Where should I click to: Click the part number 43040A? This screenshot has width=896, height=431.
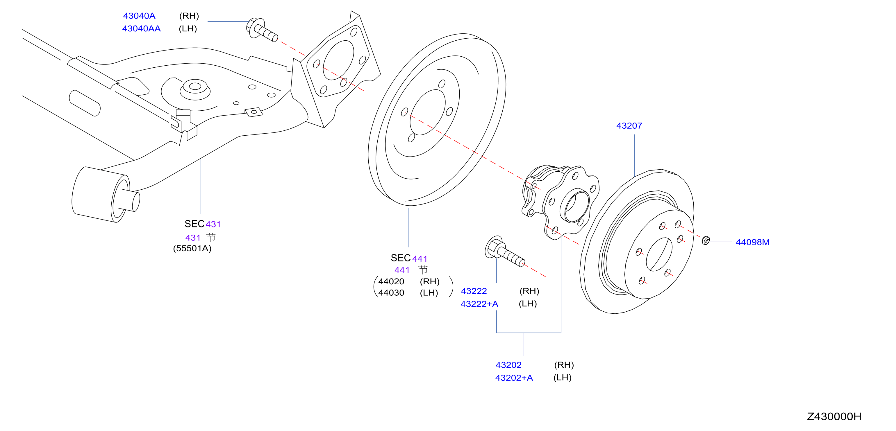pos(139,16)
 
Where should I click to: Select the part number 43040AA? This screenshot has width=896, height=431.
pos(141,28)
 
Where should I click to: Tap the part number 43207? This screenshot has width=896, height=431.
pos(629,126)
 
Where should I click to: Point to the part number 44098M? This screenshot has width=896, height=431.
pos(752,242)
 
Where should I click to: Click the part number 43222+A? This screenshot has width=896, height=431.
pos(479,304)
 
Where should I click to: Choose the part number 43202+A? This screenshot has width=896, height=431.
pos(514,378)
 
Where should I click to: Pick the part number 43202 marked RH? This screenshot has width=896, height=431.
pos(508,365)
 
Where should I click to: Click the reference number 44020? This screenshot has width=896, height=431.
pos(391,281)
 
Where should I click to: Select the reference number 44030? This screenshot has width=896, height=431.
pos(391,293)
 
